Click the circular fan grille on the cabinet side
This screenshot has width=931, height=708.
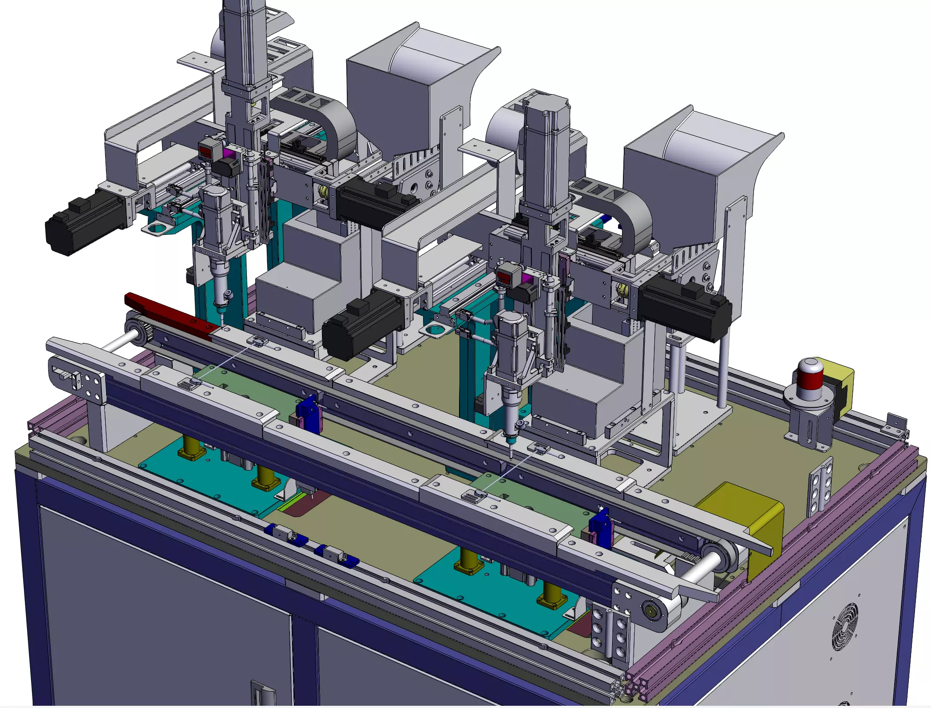[844, 627]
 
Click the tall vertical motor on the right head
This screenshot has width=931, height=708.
[547, 146]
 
